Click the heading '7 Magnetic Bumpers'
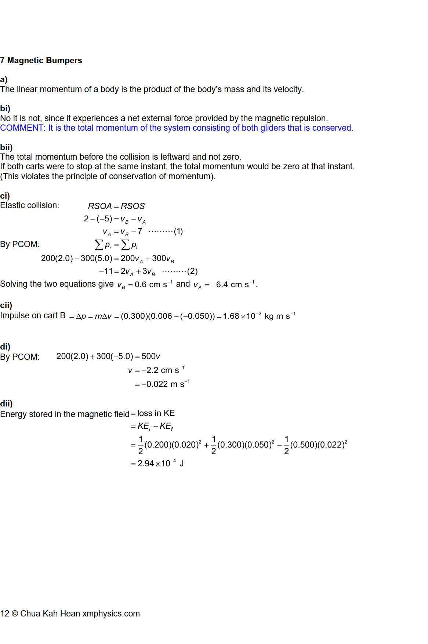(x=41, y=60)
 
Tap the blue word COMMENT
(x=22, y=128)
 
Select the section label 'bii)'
(x=6, y=147)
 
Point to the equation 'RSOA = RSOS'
(x=116, y=206)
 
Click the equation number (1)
(x=178, y=231)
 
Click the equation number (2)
(x=192, y=271)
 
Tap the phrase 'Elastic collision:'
(x=29, y=205)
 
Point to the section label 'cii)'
(x=6, y=305)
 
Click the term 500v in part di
(x=151, y=356)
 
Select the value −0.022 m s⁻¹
(x=166, y=384)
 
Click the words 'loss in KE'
(x=156, y=413)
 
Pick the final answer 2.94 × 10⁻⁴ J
(x=160, y=463)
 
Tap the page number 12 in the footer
(x=4, y=614)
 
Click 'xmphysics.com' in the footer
(x=111, y=614)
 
